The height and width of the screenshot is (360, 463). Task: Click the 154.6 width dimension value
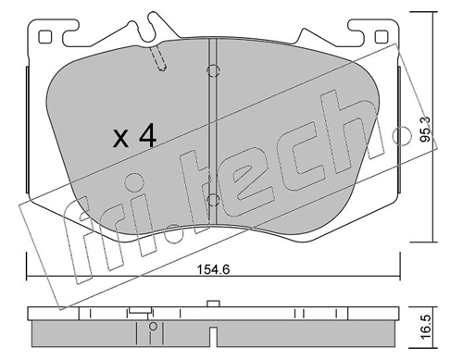coord(213,270)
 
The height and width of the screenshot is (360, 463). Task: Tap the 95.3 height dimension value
coord(426,130)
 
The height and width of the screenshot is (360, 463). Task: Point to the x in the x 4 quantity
coord(120,138)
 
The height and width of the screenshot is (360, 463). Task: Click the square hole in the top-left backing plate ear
coord(44,37)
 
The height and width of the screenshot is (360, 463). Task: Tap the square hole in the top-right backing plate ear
coord(381,37)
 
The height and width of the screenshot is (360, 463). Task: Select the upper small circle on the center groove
coord(213,71)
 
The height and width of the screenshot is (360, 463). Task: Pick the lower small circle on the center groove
coord(213,201)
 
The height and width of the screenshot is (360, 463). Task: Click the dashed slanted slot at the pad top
coord(157,58)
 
